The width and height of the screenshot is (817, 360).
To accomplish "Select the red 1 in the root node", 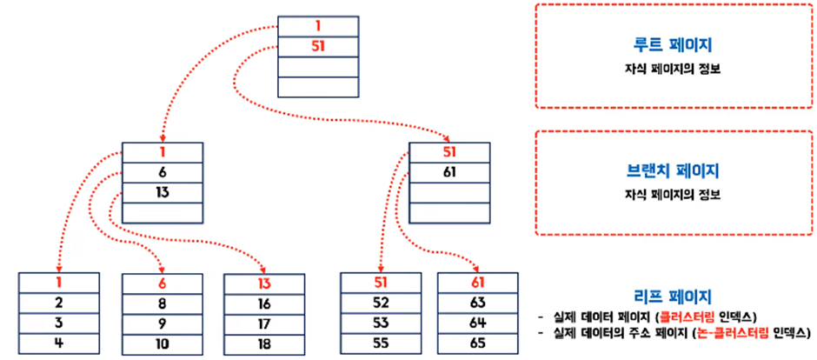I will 317,26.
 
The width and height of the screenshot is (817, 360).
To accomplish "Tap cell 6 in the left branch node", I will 162,173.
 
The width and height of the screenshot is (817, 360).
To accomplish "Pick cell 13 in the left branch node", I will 162,192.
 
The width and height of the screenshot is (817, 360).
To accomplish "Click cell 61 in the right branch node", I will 448,173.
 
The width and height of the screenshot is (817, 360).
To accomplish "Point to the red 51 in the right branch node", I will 448,153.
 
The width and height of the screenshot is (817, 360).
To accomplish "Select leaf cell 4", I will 58,343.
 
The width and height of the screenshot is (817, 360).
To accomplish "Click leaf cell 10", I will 162,343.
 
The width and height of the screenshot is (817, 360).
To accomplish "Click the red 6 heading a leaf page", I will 162,283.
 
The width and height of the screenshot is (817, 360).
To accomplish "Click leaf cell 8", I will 162,303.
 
